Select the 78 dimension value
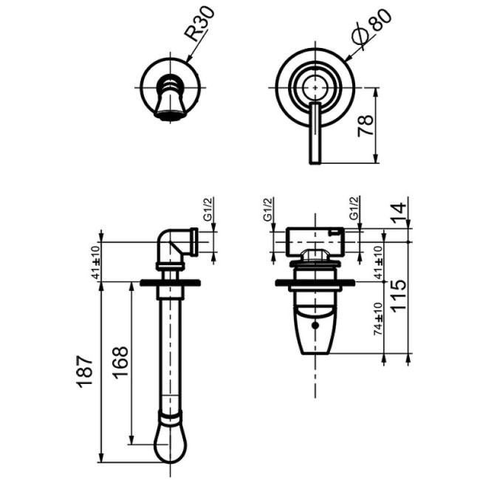pyautogui.click(x=366, y=126)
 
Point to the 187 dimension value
pyautogui.click(x=86, y=371)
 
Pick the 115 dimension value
pyautogui.click(x=400, y=296)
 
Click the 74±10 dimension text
pyautogui.click(x=379, y=318)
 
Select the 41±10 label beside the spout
pyautogui.click(x=97, y=262)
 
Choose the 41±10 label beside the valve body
pyautogui.click(x=379, y=262)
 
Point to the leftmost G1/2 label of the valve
pyautogui.click(x=267, y=209)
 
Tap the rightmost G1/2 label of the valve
pyautogui.click(x=354, y=208)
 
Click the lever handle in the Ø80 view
pyautogui.click(x=315, y=132)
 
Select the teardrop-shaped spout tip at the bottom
pyautogui.click(x=170, y=442)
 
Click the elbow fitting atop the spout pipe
pyautogui.click(x=178, y=245)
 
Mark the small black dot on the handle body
pyautogui.click(x=315, y=326)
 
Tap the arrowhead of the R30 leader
pyautogui.click(x=188, y=61)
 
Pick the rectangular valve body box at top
pyautogui.click(x=315, y=241)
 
